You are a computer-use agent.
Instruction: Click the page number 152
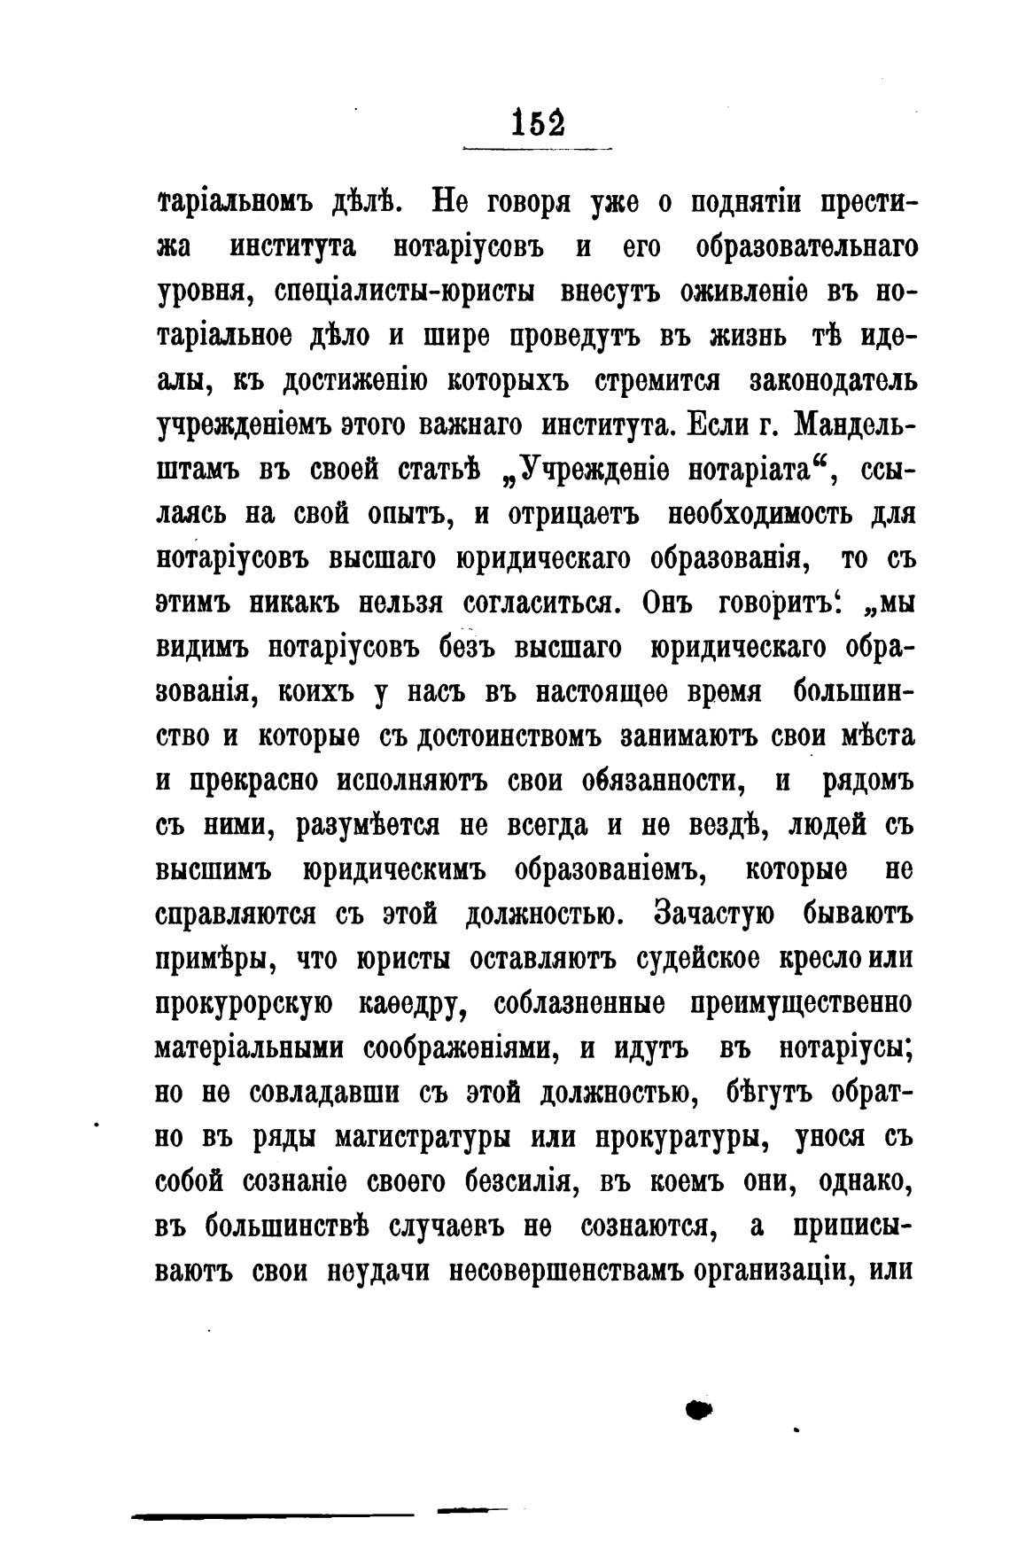tap(539, 121)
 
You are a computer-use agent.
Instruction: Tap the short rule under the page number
tap(538, 147)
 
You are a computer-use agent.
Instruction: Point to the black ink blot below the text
tap(700, 1406)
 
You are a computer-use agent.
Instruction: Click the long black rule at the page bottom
tap(274, 1516)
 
